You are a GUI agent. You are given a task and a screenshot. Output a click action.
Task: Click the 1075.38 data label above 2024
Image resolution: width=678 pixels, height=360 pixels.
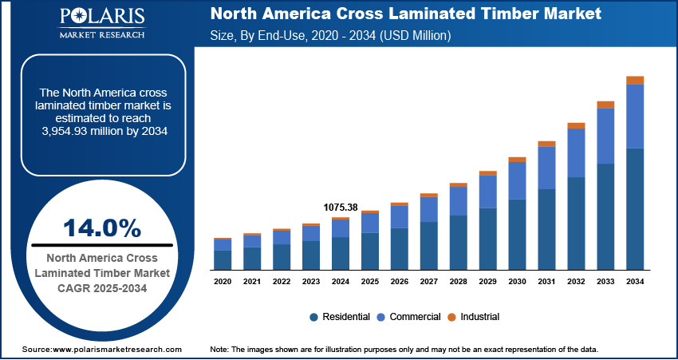tap(341, 208)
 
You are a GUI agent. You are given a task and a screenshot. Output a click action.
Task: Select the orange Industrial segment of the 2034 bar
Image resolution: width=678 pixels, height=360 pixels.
tap(635, 80)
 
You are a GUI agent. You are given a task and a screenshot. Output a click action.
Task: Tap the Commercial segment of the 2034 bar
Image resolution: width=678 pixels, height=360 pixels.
tap(635, 116)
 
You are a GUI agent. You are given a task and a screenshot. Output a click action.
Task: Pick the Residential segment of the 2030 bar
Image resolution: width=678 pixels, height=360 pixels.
tap(517, 235)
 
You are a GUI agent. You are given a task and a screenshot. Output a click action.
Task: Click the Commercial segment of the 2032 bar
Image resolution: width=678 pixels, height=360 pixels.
tap(576, 152)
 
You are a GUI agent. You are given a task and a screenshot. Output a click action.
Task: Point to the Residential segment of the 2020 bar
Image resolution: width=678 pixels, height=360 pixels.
tap(223, 260)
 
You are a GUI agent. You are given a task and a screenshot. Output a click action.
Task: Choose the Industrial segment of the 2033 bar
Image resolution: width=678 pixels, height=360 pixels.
tap(605, 105)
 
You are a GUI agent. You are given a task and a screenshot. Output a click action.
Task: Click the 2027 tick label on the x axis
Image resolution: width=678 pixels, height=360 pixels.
tap(429, 282)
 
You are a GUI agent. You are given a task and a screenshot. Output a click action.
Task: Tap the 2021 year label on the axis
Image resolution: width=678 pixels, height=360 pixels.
tap(252, 282)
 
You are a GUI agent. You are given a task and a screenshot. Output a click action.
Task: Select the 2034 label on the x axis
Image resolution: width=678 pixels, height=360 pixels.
tap(635, 282)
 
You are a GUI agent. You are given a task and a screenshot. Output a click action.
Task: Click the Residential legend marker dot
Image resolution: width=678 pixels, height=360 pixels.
tap(314, 317)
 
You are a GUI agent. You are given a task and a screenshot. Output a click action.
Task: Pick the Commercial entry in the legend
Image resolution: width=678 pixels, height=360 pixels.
tap(411, 317)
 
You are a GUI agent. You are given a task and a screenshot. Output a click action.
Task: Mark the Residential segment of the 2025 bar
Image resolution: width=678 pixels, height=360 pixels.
tap(370, 251)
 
